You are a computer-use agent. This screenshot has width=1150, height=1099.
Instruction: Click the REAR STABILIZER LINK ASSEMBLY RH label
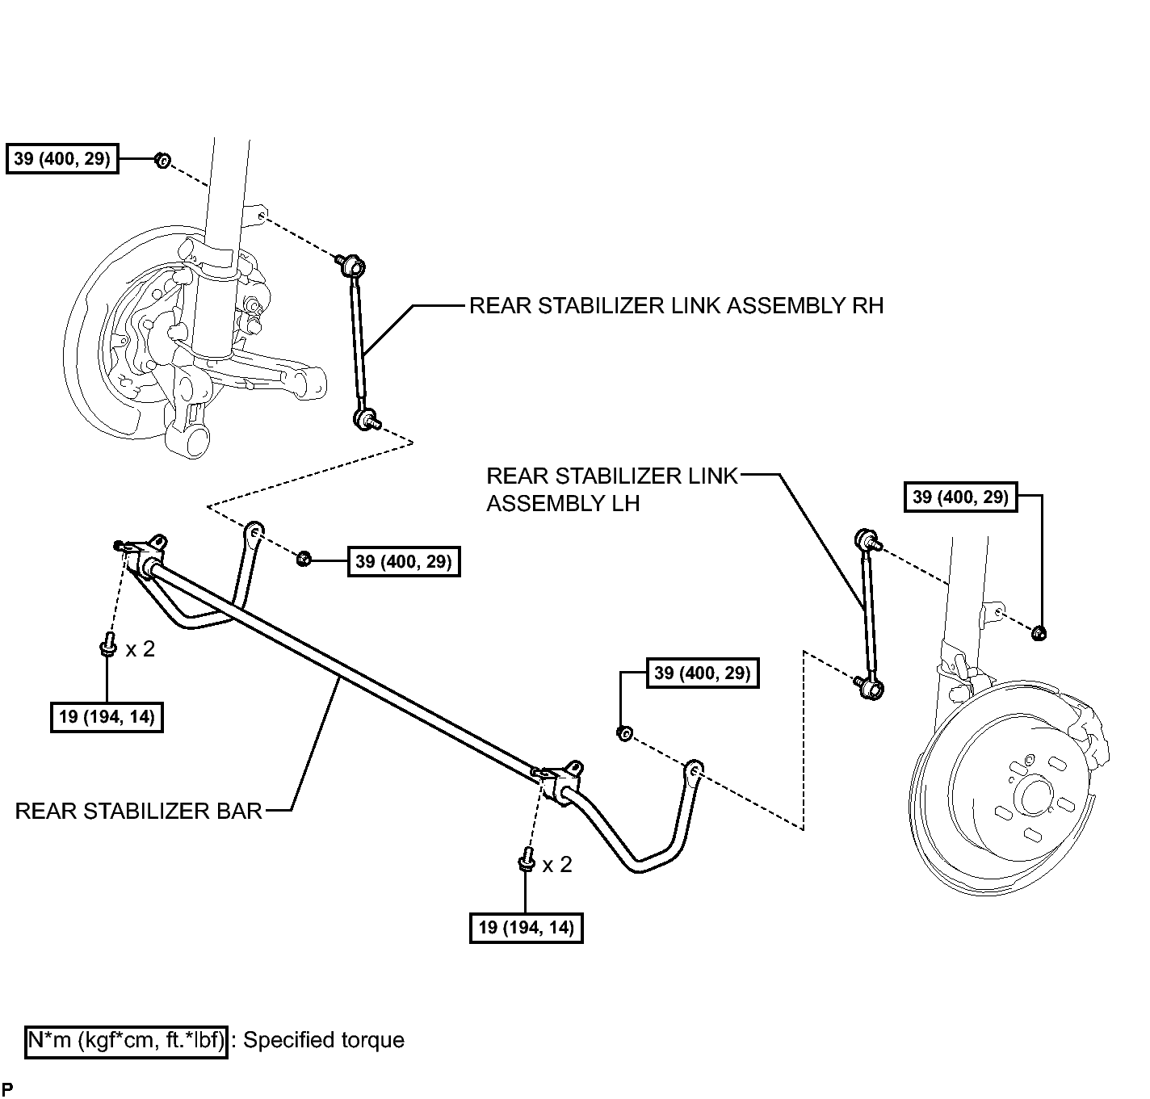click(x=676, y=306)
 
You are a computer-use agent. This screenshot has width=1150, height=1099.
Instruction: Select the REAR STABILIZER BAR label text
click(x=138, y=812)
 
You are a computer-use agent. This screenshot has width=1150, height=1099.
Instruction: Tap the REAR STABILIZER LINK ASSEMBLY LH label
click(x=612, y=490)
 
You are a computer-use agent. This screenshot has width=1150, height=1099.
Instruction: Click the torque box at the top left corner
click(x=62, y=158)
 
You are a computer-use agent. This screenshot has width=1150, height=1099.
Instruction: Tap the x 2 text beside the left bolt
click(x=140, y=649)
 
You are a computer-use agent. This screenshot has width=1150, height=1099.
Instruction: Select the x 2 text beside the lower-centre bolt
click(x=557, y=865)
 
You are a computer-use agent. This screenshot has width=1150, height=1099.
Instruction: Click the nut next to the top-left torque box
click(x=162, y=160)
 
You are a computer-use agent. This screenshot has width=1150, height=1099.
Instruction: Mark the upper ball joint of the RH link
click(x=353, y=266)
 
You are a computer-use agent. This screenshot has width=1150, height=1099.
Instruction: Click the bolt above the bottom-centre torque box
click(x=526, y=860)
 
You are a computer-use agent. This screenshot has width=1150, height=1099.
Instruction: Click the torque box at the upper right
click(x=960, y=497)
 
